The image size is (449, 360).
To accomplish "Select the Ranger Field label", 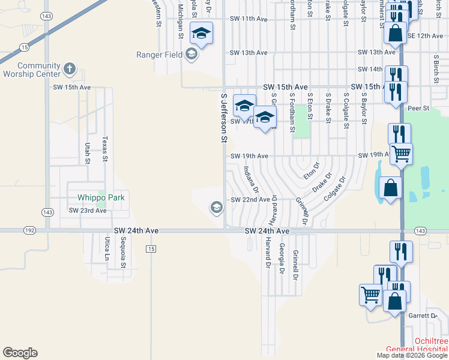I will coord(160,55).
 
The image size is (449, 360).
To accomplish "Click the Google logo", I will coord(20,353).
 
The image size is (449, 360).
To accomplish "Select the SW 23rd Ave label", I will coord(87,211).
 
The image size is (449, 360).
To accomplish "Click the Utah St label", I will coord(88,153).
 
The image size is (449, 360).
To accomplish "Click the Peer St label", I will coord(418,109).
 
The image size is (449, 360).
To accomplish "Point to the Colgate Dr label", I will coord(336,188).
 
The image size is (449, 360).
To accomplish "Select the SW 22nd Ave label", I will coord(250,199).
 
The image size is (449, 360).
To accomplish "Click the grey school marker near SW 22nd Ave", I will coord(216,208).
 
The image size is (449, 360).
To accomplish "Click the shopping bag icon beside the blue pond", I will coord(390,187).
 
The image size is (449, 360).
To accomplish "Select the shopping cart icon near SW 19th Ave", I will coord(400,153).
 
